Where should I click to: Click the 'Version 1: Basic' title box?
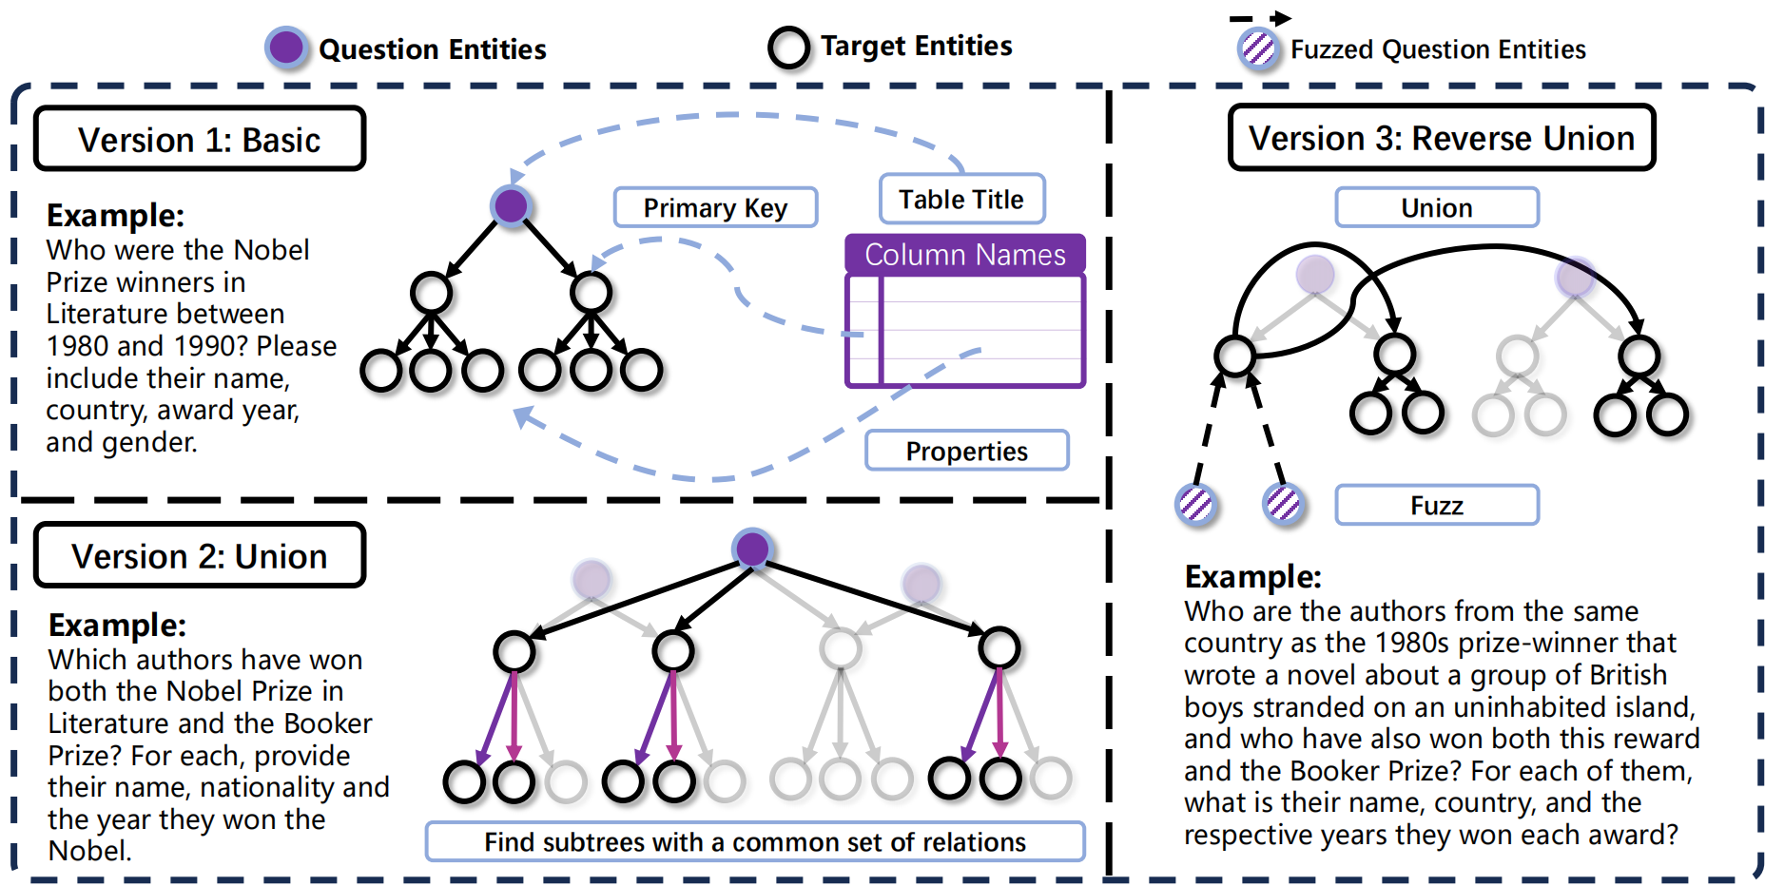[x=200, y=139]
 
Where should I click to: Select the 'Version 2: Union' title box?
[x=200, y=555]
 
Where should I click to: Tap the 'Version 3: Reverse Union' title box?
[x=1442, y=138]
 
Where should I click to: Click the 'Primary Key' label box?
[x=715, y=207]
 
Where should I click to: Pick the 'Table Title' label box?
[x=961, y=199]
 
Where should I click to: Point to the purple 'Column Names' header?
[x=965, y=255]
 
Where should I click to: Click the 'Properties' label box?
[x=966, y=451]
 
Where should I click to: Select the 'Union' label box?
[x=1437, y=207]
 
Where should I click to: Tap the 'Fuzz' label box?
[x=1437, y=505]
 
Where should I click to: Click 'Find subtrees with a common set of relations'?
[x=755, y=842]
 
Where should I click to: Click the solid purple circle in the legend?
[x=286, y=47]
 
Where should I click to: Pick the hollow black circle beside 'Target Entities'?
[x=789, y=48]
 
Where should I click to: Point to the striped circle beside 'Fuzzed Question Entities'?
[x=1258, y=48]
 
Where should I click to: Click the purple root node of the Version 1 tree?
[x=511, y=205]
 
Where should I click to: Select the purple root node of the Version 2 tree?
[x=752, y=549]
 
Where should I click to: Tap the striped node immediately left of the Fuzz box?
[x=1284, y=504]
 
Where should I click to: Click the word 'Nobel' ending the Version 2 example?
[x=88, y=851]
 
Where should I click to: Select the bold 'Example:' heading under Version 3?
[x=1253, y=577]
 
